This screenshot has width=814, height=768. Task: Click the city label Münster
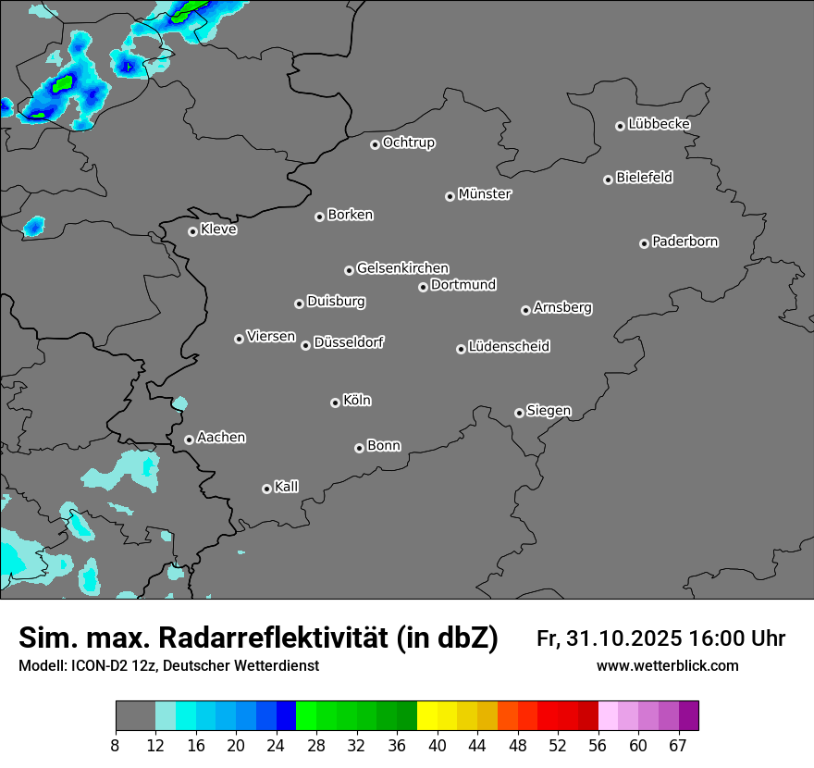[485, 194]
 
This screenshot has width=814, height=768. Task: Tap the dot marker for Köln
[335, 403]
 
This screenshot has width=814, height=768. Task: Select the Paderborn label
[684, 242]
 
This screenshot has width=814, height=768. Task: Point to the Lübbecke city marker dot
[620, 126]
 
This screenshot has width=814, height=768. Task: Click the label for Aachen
[221, 437]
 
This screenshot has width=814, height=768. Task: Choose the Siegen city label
[549, 410]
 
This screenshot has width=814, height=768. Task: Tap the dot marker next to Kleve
[192, 231]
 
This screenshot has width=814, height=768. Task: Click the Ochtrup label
[408, 142]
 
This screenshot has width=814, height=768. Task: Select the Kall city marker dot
[266, 489]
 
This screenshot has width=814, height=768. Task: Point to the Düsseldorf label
[349, 342]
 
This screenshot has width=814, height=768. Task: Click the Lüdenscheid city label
[509, 346]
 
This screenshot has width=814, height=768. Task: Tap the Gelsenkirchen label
[402, 268]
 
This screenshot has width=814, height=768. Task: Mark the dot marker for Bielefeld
[608, 180]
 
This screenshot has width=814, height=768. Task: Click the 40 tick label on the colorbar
[437, 746]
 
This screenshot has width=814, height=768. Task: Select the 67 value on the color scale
[678, 746]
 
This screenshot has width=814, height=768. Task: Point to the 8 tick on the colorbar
[116, 746]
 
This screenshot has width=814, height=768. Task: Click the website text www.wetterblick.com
[667, 665]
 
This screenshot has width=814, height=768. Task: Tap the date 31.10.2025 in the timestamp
[623, 638]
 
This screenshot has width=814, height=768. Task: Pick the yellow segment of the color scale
[427, 716]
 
